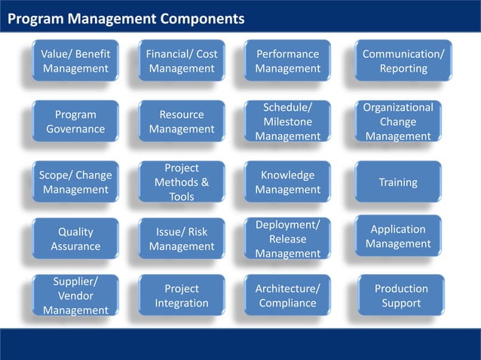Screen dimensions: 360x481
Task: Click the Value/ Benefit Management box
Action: tap(75, 61)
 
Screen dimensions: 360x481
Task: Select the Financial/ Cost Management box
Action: tap(182, 61)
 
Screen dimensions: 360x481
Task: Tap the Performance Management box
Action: tap(287, 61)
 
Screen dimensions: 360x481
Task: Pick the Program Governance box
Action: tap(75, 121)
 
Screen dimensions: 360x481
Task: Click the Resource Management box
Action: tap(182, 121)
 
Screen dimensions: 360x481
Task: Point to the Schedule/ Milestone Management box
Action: tap(287, 121)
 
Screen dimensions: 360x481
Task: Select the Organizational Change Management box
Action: tap(398, 121)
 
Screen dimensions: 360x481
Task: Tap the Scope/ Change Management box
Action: tap(75, 182)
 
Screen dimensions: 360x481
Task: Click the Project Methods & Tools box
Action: tap(182, 182)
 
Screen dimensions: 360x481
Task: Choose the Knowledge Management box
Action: tap(287, 182)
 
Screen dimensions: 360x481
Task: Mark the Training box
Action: tap(398, 182)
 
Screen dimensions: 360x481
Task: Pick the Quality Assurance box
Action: tap(75, 239)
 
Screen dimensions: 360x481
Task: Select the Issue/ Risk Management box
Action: tap(182, 239)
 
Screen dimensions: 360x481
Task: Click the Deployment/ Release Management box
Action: tap(287, 239)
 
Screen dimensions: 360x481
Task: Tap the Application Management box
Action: tap(398, 236)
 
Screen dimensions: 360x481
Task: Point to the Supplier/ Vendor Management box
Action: tap(75, 295)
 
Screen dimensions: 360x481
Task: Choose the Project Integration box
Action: tap(182, 295)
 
